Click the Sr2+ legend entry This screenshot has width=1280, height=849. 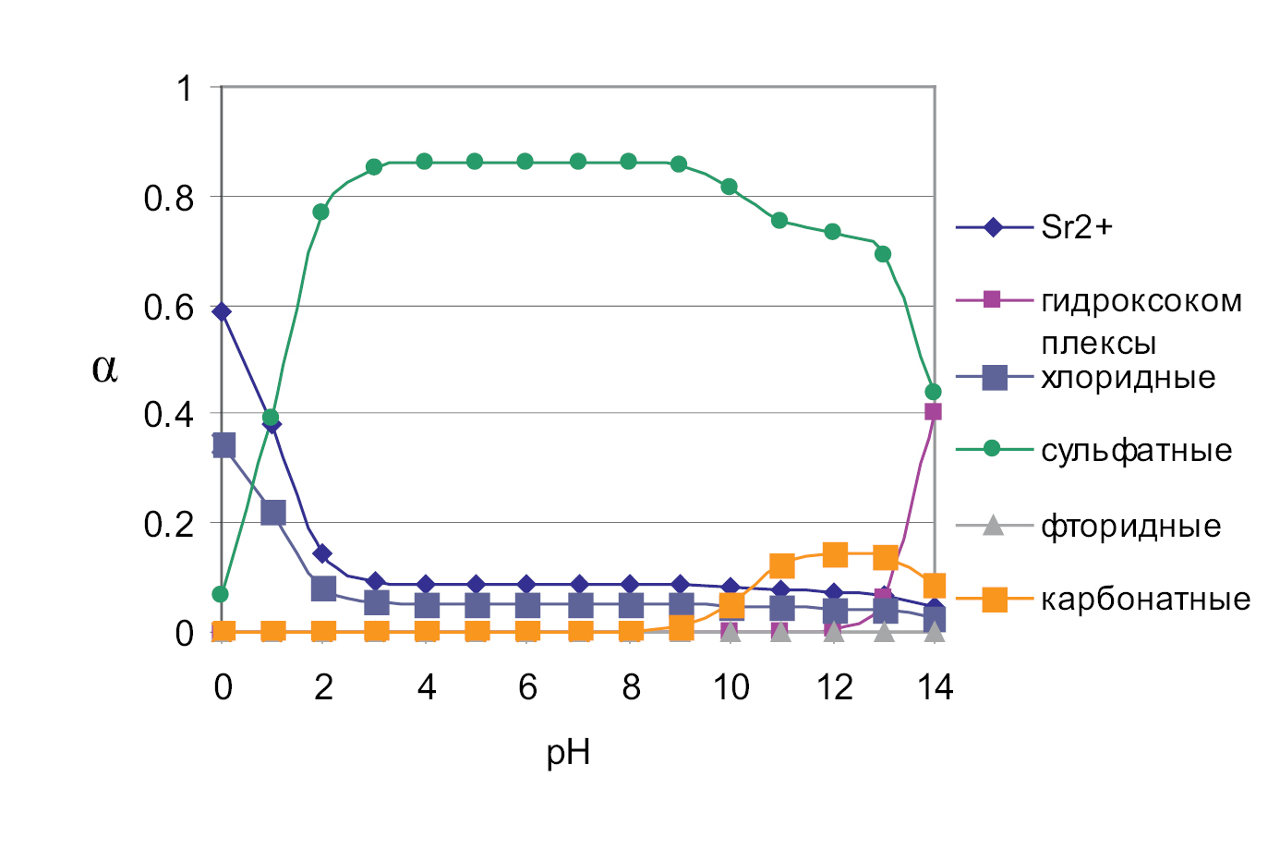point(1076,227)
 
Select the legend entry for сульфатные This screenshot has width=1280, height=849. point(1136,451)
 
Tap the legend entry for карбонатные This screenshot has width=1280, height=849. point(1145,600)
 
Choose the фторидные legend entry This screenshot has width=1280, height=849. point(1130,527)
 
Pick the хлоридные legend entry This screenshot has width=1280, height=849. point(1128,378)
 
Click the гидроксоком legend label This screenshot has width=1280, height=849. point(1141,302)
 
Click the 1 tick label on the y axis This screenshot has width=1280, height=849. point(185,89)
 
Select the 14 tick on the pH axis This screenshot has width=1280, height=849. point(935,687)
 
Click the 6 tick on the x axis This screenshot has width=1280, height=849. point(527,687)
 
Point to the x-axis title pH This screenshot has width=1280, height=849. point(568,753)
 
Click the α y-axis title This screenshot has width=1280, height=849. point(104,369)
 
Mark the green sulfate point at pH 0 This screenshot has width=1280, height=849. point(220,594)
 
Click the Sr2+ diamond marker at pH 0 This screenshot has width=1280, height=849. point(222,312)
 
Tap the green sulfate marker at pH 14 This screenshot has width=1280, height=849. point(933,392)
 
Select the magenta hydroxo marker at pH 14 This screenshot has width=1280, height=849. point(933,412)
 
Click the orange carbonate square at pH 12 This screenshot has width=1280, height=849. point(834,555)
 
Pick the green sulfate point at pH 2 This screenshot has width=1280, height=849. point(321,212)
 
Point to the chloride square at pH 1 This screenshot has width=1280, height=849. point(272,513)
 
